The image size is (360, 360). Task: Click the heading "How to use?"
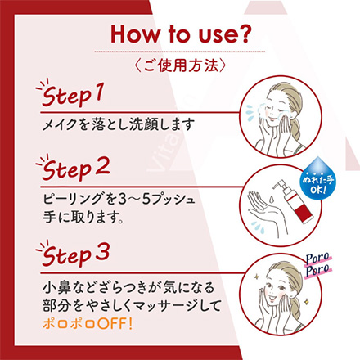pos(180,34)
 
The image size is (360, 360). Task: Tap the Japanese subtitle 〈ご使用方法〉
pos(180,65)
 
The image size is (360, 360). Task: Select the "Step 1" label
pos(70,94)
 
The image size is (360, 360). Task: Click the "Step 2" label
pos(73,169)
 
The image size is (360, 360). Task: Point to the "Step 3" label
pos(73,254)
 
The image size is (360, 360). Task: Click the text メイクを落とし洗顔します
pos(119,124)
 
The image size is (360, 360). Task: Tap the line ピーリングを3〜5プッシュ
pos(119,199)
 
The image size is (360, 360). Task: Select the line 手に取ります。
pos(83,217)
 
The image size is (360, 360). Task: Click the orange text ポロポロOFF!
pos(88,324)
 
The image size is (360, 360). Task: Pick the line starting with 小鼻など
pos(128,288)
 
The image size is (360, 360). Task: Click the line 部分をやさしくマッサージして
pos(132,306)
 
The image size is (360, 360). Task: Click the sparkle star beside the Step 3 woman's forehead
pos(256,277)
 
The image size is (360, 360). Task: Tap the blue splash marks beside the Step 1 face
pos(250,111)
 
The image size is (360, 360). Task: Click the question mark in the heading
pos(242,34)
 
